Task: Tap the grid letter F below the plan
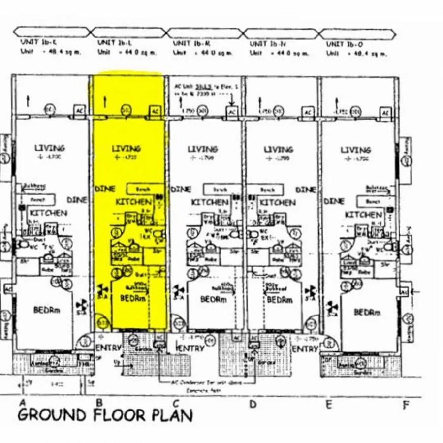[406, 405]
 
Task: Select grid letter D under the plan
[253, 404]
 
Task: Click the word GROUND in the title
[52, 415]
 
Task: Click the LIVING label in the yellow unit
[127, 148]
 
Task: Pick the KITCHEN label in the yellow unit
[133, 202]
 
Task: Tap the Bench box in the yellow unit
[145, 189]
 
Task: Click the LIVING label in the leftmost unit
[50, 148]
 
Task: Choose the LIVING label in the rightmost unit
[355, 149]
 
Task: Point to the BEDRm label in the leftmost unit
[47, 310]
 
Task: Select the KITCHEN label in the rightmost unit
[363, 215]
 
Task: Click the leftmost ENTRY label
[108, 348]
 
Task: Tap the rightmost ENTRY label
[305, 348]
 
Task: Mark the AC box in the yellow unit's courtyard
[156, 111]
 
